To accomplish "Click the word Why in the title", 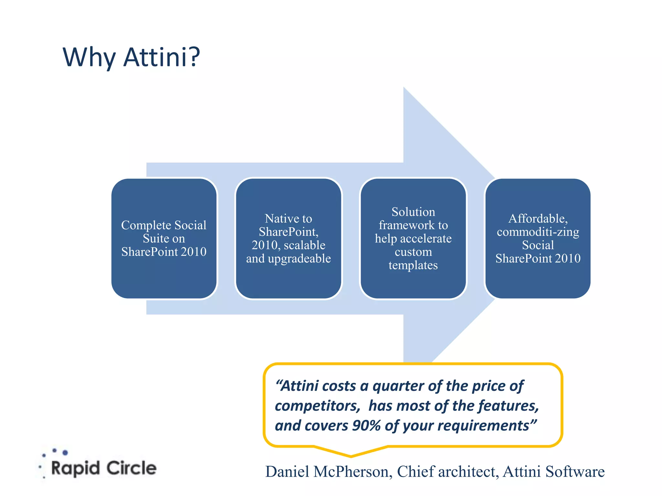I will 89,57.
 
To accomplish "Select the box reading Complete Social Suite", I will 164,238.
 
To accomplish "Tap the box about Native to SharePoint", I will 288,238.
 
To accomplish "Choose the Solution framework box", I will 413,238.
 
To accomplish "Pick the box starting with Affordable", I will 538,238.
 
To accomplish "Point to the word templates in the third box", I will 413,265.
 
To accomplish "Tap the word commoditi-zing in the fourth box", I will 538,232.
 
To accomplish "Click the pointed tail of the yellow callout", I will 351,455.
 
